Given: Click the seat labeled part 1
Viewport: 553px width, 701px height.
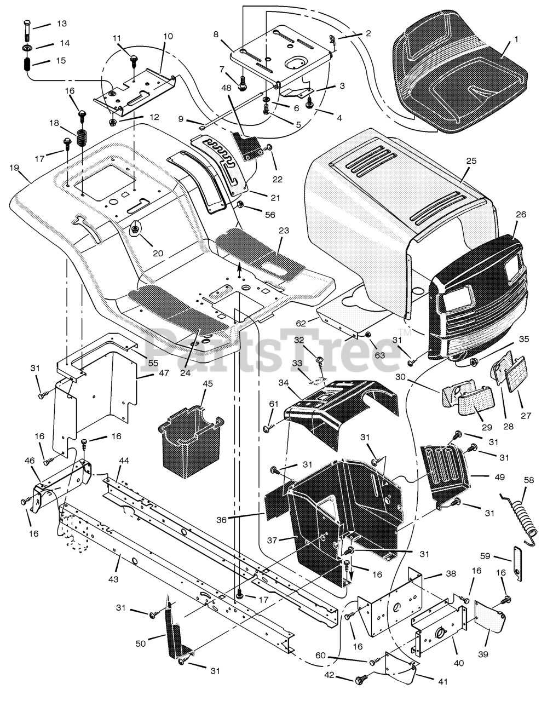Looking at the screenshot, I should click(460, 77).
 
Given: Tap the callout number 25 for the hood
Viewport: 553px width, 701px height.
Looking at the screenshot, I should click(471, 161).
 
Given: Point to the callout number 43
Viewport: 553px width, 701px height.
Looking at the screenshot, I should click(113, 579).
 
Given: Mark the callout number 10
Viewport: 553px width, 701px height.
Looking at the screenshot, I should click(168, 36).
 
